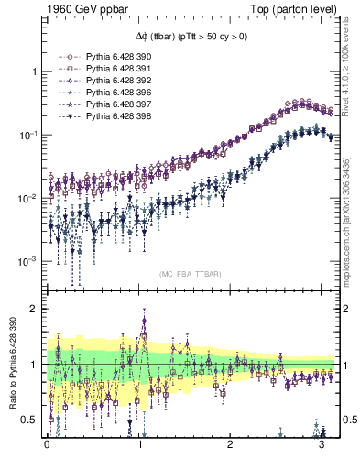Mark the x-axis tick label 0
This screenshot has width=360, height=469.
(x=47, y=451)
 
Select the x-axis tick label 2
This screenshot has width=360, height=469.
(x=231, y=451)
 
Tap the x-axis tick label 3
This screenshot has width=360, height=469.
(x=322, y=451)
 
